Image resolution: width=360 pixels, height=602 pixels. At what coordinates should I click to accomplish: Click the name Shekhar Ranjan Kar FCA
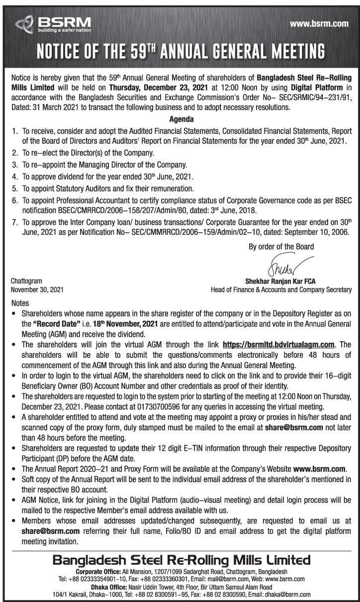tap(281, 282)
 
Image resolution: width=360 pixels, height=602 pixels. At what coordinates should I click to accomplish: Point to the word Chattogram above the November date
tap(26, 282)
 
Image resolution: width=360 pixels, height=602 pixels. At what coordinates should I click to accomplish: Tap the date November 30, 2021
tap(37, 290)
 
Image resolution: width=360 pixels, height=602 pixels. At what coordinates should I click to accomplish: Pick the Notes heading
tap(20, 303)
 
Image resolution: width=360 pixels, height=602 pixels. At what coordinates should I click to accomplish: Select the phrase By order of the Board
tap(281, 246)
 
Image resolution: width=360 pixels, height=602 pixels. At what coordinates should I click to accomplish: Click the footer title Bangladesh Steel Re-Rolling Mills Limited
tap(181, 561)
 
